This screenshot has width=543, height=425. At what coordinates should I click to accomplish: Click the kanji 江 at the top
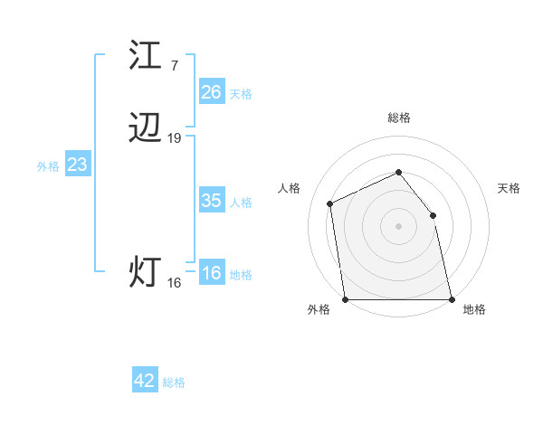click(147, 55)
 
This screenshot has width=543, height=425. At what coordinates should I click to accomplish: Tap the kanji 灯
click(145, 271)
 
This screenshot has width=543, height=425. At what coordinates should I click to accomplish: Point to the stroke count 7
click(174, 65)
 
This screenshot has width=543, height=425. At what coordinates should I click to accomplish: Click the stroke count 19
click(175, 138)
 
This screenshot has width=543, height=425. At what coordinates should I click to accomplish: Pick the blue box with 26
click(211, 91)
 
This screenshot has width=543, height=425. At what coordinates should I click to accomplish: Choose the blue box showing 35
click(211, 201)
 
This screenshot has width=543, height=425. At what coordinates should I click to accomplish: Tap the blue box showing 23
click(77, 165)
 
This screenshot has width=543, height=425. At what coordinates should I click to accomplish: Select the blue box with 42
click(145, 381)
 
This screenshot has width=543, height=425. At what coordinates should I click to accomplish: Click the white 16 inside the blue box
click(211, 273)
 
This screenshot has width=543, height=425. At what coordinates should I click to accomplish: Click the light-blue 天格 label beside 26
click(241, 93)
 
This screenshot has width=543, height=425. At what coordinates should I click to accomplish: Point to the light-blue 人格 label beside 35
click(241, 203)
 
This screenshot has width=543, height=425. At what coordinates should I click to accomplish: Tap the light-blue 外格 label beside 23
click(48, 166)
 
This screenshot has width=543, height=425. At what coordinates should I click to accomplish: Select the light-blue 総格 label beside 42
click(174, 382)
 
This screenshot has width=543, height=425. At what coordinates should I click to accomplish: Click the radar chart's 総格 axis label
click(398, 118)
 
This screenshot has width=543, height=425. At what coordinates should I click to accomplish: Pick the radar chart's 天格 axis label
click(509, 188)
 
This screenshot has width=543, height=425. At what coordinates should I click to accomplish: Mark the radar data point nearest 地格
click(451, 299)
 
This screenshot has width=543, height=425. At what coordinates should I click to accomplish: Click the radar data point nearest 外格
click(345, 299)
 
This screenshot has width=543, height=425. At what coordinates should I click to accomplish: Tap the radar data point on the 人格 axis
click(330, 203)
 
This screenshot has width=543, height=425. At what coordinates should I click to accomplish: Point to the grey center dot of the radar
click(398, 225)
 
